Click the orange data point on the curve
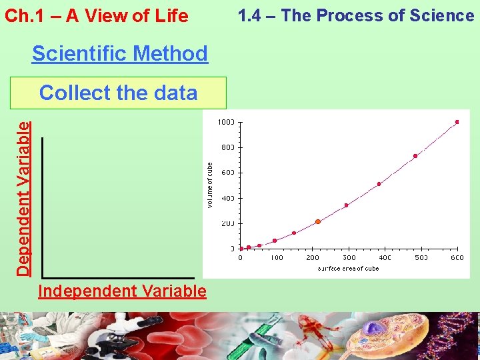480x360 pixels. pyautogui.click(x=318, y=221)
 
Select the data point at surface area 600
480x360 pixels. pyautogui.click(x=457, y=122)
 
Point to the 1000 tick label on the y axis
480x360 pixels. pyautogui.click(x=225, y=122)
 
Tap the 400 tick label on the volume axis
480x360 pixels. pyautogui.click(x=227, y=198)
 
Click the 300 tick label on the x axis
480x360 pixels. pyautogui.click(x=349, y=257)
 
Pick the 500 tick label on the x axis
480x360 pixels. pyautogui.click(x=421, y=257)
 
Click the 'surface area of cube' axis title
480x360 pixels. pyautogui.click(x=349, y=268)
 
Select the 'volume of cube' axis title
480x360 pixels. pyautogui.click(x=209, y=185)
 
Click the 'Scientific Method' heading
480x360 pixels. pyautogui.click(x=120, y=53)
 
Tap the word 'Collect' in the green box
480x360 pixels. pyautogui.click(x=71, y=93)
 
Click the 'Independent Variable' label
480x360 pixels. pyautogui.click(x=122, y=291)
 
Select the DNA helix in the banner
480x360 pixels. pyautogui.click(x=460, y=337)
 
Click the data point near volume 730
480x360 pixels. pyautogui.click(x=415, y=156)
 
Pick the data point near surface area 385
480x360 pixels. pyautogui.click(x=379, y=184)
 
